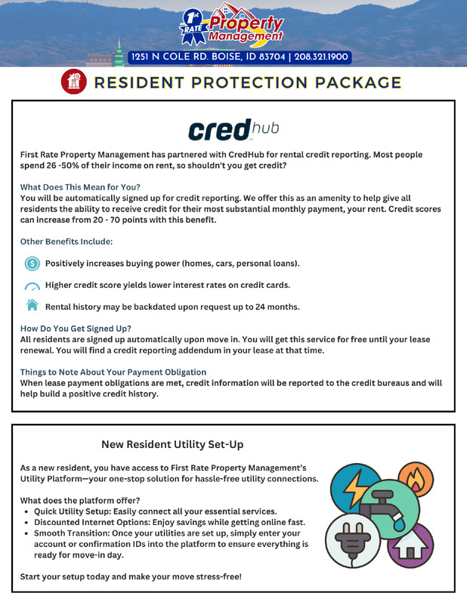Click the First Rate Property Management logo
coord(233,26)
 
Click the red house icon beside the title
coord(73,82)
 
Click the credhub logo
coord(233,129)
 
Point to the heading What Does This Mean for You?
coord(80,187)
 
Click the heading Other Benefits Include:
coord(66,241)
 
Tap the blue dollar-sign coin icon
coord(32,264)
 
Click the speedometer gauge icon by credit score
coord(32,286)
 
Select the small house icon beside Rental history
coord(32,306)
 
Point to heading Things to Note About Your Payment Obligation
coord(113,372)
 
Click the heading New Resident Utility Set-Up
coord(172,444)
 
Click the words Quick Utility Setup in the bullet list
coord(73,511)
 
